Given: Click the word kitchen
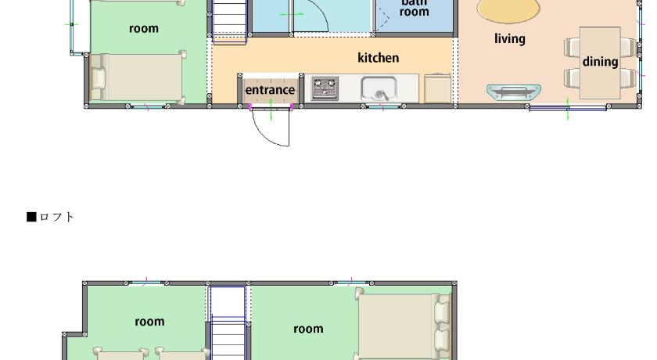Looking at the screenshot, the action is coord(378,57).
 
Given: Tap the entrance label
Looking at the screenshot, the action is coord(270,90).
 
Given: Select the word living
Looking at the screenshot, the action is coord(509,38).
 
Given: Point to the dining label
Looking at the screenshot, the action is coord(600,62).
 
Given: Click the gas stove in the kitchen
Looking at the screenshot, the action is coord(325,88).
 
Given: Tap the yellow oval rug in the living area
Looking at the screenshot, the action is coord(508,10).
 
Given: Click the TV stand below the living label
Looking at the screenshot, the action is coord(514,92).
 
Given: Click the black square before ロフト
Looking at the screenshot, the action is coord(31,217).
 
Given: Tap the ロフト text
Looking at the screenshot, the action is coord(56,217).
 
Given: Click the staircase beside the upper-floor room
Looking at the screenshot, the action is coord(229,21).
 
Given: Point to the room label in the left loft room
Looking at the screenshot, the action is coord(149,322).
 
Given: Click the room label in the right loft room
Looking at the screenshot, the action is coord(308,329).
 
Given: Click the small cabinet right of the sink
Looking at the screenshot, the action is coord(437,88).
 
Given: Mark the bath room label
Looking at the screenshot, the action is coord(414,8).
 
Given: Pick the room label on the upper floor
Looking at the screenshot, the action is coord(144,28).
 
